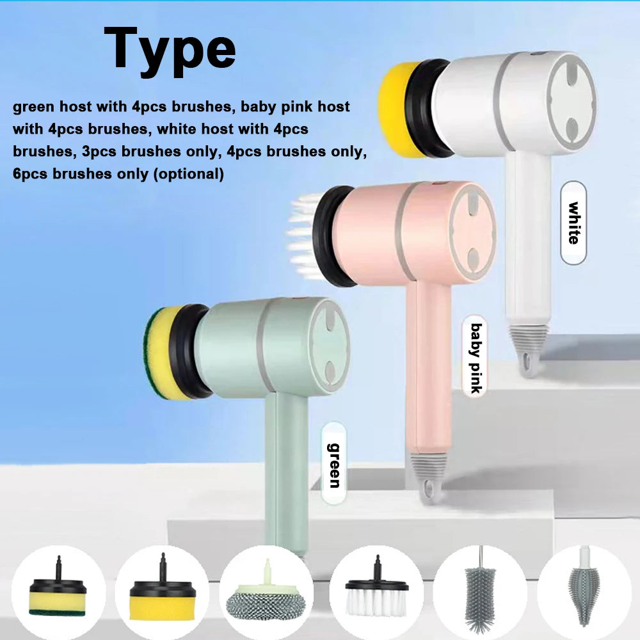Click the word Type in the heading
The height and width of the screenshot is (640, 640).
(170, 51)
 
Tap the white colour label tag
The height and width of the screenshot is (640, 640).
(573, 223)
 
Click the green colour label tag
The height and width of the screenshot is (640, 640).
(334, 464)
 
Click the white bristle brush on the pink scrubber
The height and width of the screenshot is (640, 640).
(304, 236)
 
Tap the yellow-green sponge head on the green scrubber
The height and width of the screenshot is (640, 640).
(160, 353)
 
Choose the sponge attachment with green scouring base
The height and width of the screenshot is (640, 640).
(58, 588)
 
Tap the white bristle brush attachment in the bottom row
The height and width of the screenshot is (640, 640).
(377, 588)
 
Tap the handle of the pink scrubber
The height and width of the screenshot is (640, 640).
(429, 367)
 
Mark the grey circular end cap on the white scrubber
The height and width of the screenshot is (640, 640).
(572, 102)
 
